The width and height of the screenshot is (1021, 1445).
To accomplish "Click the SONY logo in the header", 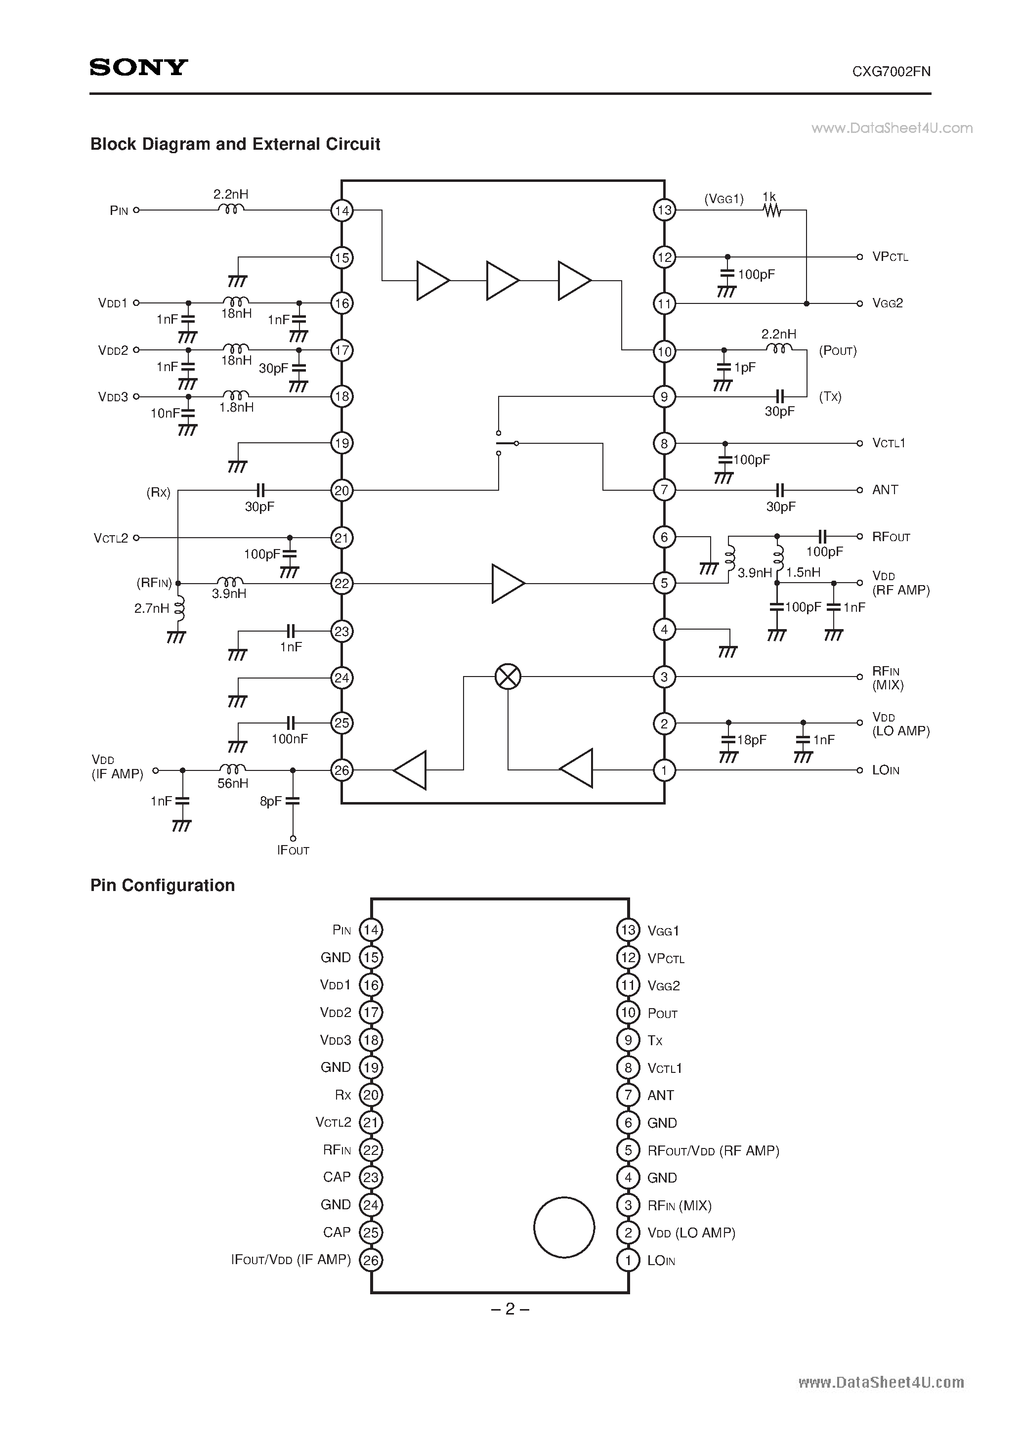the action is [x=138, y=67].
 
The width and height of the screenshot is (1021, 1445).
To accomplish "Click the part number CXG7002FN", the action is [x=892, y=72].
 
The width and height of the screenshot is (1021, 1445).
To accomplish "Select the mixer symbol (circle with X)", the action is [x=508, y=677].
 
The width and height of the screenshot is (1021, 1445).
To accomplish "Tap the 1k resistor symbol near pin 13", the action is [x=772, y=211].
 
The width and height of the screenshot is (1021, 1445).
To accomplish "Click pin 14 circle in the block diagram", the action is [x=342, y=210].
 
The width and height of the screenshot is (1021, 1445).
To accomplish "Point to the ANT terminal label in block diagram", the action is [x=885, y=490].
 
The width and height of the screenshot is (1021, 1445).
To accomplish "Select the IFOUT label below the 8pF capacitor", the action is [x=294, y=850].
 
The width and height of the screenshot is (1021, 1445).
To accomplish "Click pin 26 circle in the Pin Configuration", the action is [x=371, y=1260].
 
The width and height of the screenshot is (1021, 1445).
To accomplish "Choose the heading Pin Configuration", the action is [x=163, y=886].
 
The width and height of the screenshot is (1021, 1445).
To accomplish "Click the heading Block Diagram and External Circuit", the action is [x=235, y=144].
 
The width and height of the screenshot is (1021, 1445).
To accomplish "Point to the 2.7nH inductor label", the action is [x=152, y=608].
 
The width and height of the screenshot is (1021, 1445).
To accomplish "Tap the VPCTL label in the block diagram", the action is [x=890, y=257].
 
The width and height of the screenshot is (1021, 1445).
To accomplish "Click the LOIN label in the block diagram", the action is [x=886, y=770].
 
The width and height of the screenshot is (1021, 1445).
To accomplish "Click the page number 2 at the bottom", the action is [x=510, y=1309].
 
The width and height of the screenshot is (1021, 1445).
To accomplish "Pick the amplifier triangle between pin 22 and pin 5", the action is [x=508, y=584].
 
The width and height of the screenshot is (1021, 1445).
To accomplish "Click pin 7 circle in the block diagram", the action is [x=664, y=490].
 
